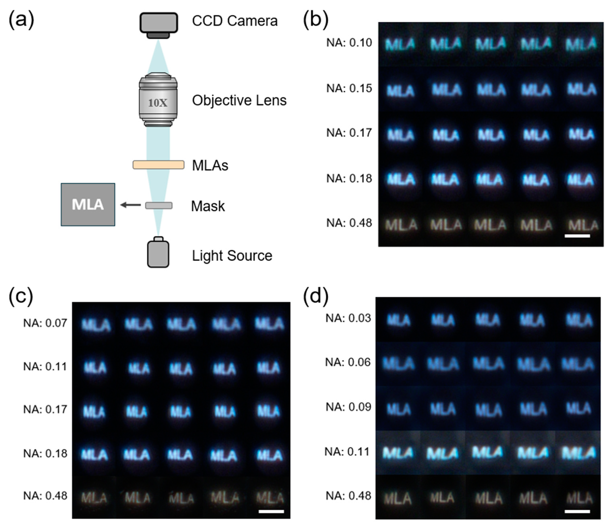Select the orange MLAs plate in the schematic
158,165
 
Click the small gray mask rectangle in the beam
159,205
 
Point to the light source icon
158,253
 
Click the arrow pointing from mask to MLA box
130,205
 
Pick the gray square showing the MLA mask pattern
88,205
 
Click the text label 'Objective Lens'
239,101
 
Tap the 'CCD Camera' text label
235,21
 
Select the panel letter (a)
21,20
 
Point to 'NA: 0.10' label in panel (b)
349,43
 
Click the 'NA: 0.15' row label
349,89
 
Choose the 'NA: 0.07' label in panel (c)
45,323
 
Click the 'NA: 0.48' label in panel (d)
348,496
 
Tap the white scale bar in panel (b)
577,236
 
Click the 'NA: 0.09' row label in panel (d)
348,407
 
